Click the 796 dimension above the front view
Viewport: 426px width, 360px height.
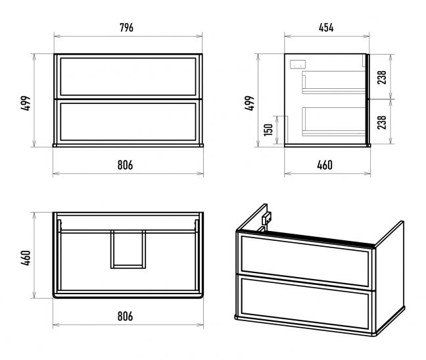coord(127,28)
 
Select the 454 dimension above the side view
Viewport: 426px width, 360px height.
coord(326,28)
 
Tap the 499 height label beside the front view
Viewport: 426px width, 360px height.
coord(26,103)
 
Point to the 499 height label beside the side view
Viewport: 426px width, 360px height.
coord(249,103)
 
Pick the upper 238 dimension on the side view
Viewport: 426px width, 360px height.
coord(382,77)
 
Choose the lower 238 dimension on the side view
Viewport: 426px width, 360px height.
coord(382,122)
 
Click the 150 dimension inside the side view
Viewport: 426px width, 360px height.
coord(268,130)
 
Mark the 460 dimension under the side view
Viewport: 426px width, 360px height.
coord(325,165)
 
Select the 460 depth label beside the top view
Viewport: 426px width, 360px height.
coord(26,258)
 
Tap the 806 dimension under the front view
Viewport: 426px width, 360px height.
coord(126,165)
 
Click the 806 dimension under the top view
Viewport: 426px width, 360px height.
coord(126,316)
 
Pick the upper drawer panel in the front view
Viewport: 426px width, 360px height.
coord(128,77)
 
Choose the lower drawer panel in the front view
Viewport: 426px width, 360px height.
coord(128,122)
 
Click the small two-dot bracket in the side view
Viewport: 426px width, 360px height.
coord(298,64)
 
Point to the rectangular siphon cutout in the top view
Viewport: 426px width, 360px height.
coord(128,249)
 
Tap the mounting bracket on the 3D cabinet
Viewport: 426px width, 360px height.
coord(265,219)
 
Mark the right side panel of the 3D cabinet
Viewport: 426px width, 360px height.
coord(390,274)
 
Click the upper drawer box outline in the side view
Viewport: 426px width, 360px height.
coord(334,82)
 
